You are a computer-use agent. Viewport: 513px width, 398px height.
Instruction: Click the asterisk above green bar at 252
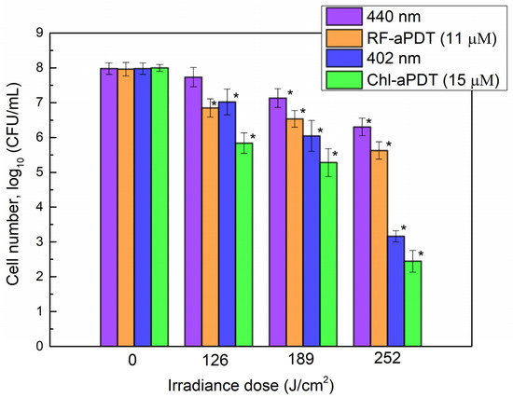tap(421, 254)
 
